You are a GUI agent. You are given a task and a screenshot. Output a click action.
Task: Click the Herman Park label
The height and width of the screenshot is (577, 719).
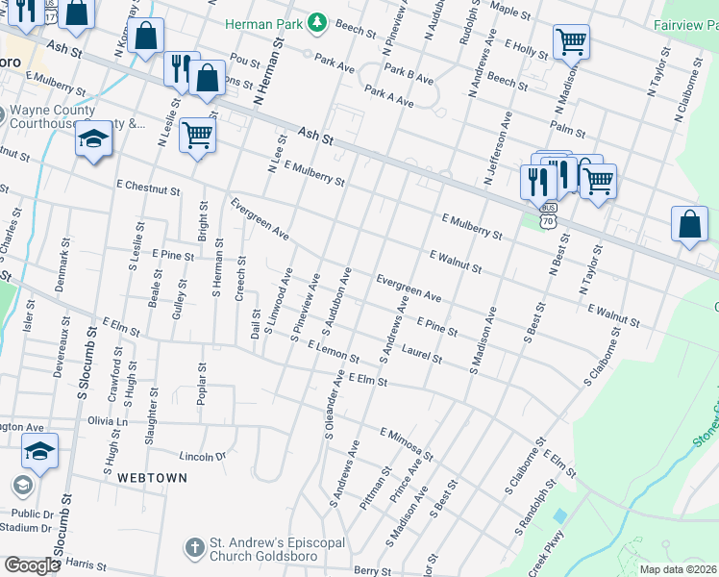click(263, 22)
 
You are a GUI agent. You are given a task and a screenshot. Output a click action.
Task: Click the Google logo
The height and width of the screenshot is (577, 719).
click(32, 564)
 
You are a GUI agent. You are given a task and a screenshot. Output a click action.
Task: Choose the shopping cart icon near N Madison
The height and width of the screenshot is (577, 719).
click(571, 42)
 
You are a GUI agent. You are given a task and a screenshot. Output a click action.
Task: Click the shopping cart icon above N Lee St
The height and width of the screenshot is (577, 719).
click(197, 135)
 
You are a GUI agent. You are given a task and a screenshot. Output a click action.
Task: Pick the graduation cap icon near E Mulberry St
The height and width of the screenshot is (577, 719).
click(94, 140)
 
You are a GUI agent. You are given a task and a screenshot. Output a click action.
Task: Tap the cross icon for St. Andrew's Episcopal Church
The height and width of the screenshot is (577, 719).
click(195, 547)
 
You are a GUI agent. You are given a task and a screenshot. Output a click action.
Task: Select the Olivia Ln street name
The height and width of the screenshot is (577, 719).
click(108, 421)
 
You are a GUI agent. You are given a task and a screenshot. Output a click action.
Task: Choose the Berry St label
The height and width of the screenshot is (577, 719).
click(369, 569)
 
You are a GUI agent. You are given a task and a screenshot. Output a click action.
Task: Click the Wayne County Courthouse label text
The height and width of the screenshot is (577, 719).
click(52, 116)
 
